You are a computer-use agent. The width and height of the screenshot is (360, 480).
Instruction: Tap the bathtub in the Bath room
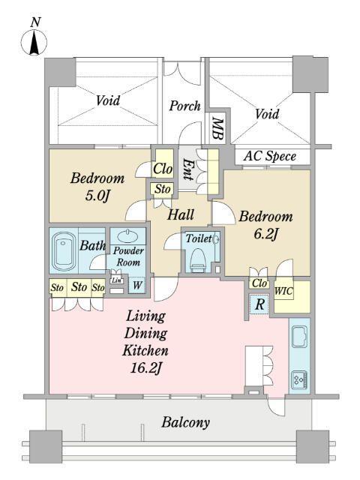[x=64, y=251]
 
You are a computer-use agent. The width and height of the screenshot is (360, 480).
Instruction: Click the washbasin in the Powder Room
[x=127, y=236]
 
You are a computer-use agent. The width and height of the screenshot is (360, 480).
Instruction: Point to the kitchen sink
[x=299, y=337]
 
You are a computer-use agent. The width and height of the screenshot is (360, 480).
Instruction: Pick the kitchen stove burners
[x=300, y=380]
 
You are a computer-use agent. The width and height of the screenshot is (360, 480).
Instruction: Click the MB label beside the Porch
[x=217, y=128]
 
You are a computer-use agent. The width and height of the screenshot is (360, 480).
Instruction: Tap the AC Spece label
[x=270, y=156]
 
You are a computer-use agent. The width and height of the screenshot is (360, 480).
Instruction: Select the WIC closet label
[x=283, y=291]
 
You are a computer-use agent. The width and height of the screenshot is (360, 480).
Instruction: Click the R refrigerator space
[x=259, y=304]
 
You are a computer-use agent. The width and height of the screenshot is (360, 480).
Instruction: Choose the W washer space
[x=137, y=285]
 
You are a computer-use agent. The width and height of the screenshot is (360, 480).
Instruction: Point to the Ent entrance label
[x=187, y=169]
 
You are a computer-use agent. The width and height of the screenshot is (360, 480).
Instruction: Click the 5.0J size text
[x=97, y=196]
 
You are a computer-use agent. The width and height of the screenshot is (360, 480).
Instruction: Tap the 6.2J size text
[x=265, y=235]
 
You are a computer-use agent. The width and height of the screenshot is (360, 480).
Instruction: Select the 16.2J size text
[x=145, y=368]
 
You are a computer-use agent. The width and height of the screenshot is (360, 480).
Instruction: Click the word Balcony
[x=185, y=423]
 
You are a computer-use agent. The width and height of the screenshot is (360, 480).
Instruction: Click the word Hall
[x=180, y=214]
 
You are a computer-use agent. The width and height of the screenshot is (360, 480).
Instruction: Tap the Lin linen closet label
[x=116, y=280]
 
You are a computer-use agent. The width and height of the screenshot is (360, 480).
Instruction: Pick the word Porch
[x=184, y=106]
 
